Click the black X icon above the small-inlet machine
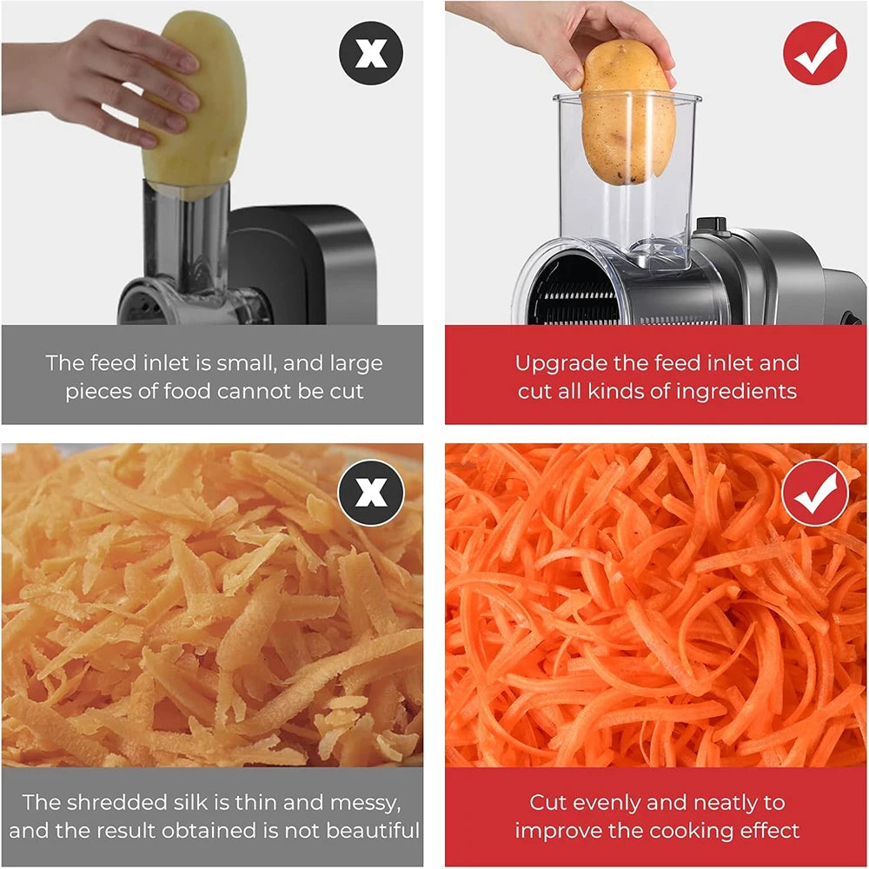[x=371, y=54]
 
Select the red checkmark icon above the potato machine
[x=814, y=53]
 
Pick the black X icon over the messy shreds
[x=371, y=492]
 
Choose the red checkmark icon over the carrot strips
[x=814, y=493]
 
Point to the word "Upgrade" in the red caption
[x=559, y=363]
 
